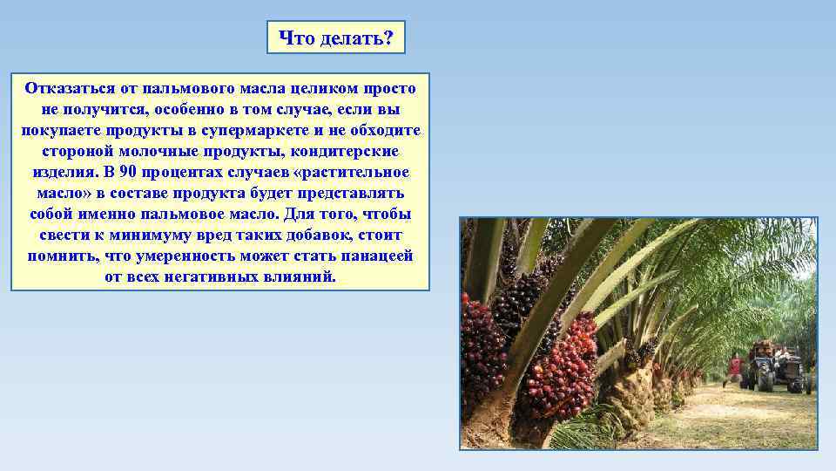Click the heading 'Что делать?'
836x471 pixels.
[335, 38]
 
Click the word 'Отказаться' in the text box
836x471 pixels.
[67, 89]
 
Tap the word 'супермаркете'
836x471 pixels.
[282, 131]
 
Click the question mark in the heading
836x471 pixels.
[388, 38]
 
